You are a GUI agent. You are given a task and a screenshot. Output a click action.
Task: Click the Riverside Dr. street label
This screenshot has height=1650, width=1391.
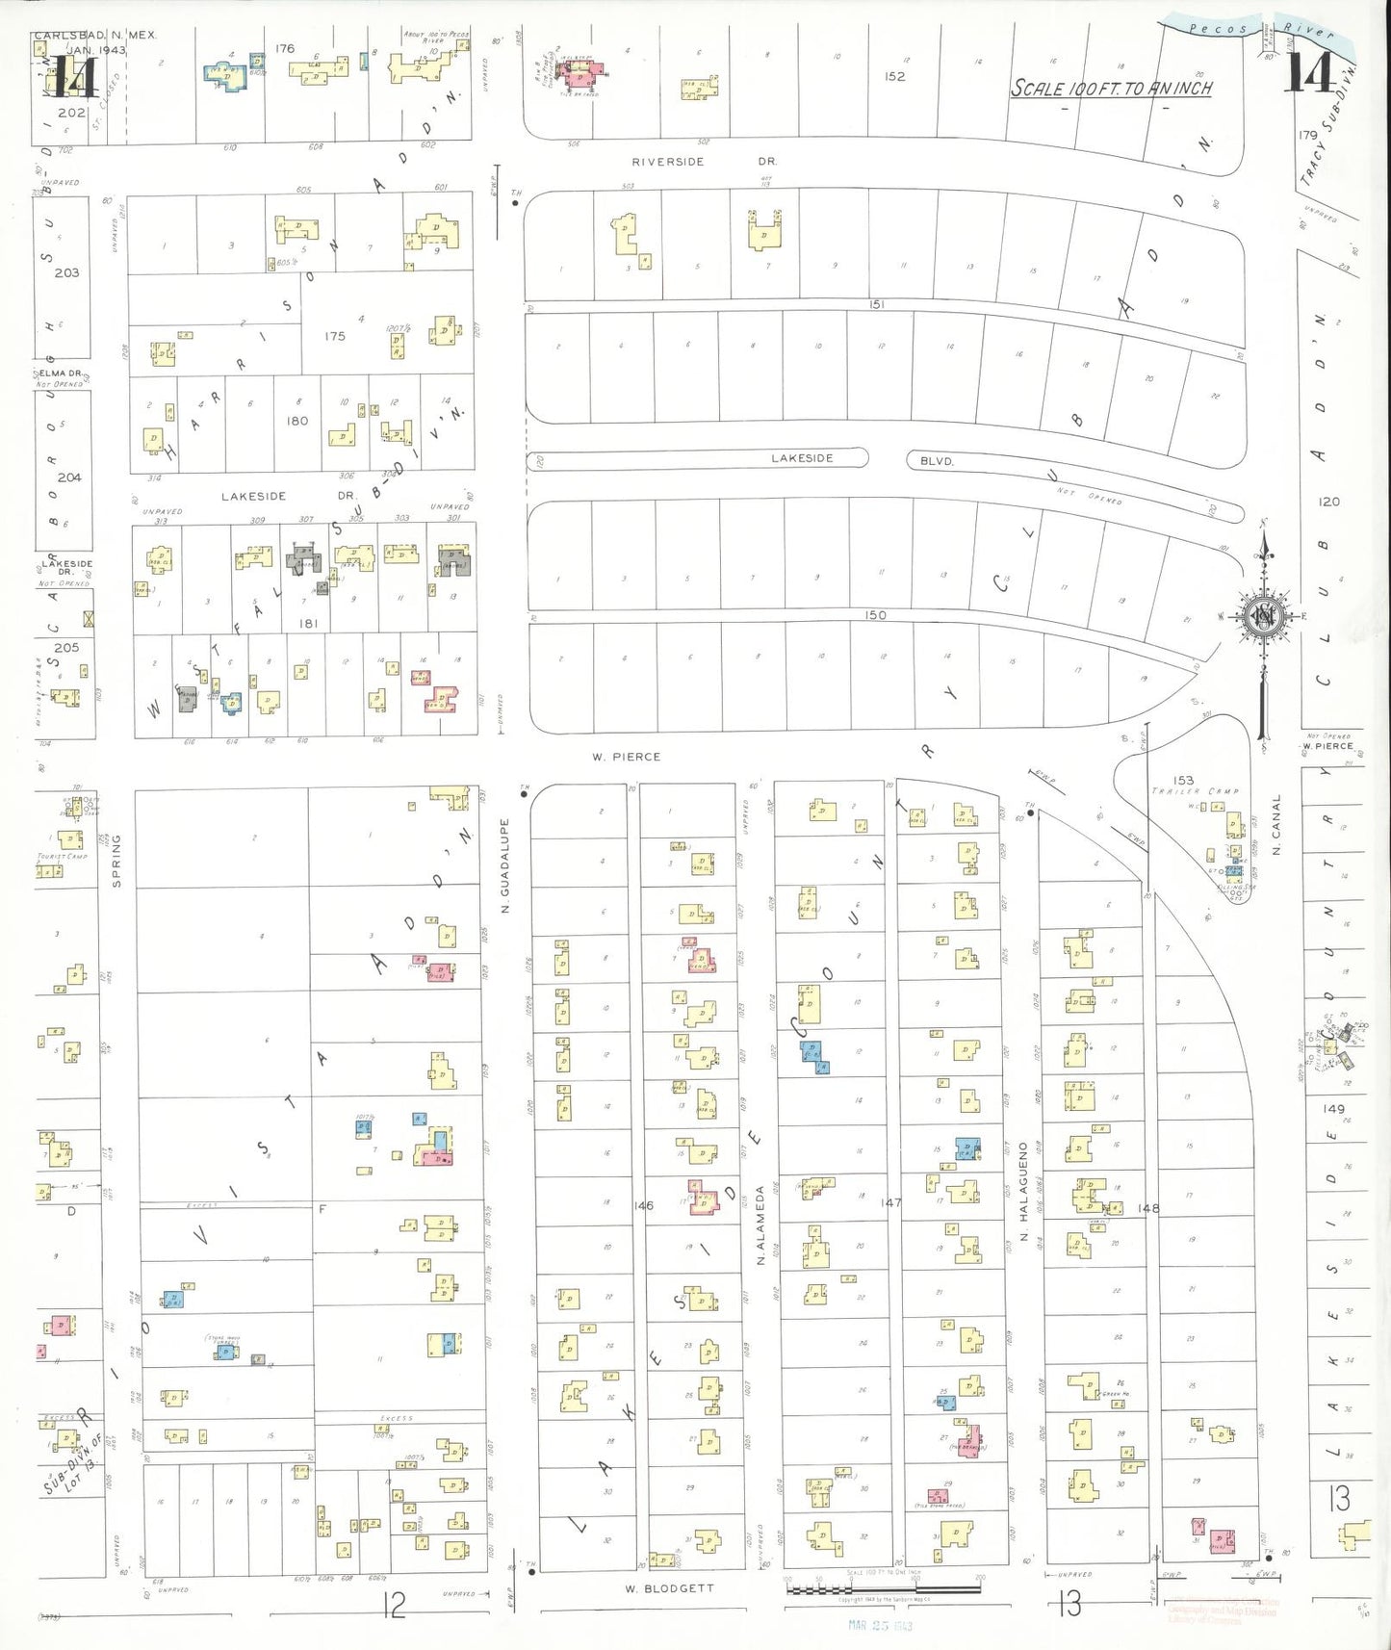click(704, 162)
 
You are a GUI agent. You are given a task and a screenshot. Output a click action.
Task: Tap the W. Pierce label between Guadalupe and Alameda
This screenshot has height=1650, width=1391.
click(626, 757)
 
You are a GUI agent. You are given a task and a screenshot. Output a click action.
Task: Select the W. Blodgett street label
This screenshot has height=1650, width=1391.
click(669, 1588)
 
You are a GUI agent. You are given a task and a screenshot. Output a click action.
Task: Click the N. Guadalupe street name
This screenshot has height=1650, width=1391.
click(504, 865)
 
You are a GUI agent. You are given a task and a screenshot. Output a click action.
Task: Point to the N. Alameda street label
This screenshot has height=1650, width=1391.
click(760, 1225)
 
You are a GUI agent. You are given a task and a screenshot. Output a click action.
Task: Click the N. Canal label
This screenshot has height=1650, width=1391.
click(1277, 825)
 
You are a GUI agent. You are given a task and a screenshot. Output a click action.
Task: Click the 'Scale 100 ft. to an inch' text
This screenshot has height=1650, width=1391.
click(1111, 89)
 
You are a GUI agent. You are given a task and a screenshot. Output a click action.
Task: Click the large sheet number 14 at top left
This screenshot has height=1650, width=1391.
click(72, 77)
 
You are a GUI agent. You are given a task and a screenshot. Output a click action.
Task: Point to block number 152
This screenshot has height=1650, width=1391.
click(894, 76)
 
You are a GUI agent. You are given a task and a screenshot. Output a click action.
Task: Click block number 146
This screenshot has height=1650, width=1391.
click(643, 1205)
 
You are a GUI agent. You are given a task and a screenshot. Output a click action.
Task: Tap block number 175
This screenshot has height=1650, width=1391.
click(335, 336)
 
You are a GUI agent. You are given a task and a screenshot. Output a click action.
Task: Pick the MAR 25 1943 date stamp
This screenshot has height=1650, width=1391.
click(880, 1625)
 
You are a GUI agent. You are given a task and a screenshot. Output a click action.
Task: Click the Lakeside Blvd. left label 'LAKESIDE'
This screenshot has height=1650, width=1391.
click(802, 458)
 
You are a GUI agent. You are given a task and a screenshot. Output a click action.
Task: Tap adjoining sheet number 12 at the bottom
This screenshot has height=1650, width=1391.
click(394, 1604)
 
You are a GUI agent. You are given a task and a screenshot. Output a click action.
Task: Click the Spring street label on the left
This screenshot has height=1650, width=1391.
click(116, 860)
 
